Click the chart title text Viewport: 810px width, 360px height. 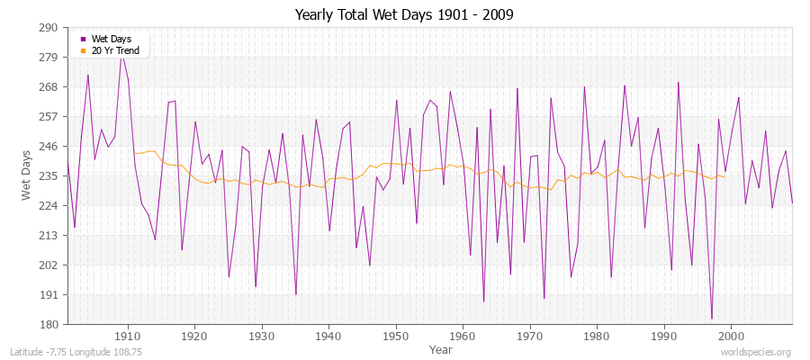click(404, 15)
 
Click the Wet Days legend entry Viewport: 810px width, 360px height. click(111, 39)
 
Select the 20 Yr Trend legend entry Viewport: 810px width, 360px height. click(115, 50)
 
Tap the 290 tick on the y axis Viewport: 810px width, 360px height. click(49, 27)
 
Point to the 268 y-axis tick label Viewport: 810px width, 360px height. click(49, 86)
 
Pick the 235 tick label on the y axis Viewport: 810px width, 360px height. click(49, 175)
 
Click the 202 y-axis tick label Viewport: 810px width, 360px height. click(49, 265)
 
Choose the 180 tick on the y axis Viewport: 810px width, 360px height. click(49, 324)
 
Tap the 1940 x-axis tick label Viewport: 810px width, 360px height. click(328, 337)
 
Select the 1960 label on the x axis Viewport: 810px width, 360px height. click(463, 337)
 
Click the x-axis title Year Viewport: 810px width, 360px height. click(441, 349)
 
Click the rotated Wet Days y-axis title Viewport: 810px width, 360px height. click(26, 175)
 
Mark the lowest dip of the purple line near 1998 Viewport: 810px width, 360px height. click(711, 319)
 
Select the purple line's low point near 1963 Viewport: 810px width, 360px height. click(483, 301)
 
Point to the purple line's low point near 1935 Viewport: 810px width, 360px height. click(296, 294)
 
